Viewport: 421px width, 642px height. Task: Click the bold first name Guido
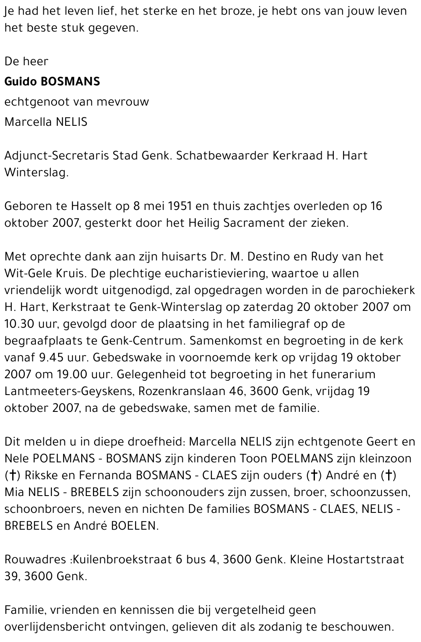coord(21,81)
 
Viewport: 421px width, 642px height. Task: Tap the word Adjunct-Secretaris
coord(57,156)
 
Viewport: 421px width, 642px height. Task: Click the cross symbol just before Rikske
coord(13,476)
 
